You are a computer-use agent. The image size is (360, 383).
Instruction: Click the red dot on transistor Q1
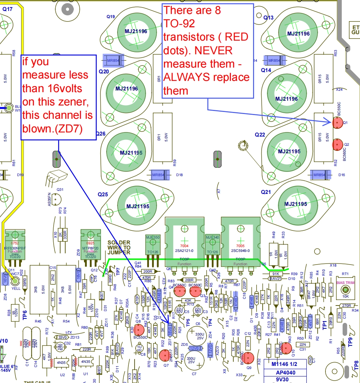[x=337, y=122]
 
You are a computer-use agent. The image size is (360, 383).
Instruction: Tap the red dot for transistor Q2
[x=337, y=144]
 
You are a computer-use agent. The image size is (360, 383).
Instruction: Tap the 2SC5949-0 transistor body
[x=240, y=241]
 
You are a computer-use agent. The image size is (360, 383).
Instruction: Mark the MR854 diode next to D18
[x=161, y=175]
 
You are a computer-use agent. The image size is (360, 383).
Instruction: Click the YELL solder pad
[x=15, y=281]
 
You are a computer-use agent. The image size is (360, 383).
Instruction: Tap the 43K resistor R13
[x=188, y=300]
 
